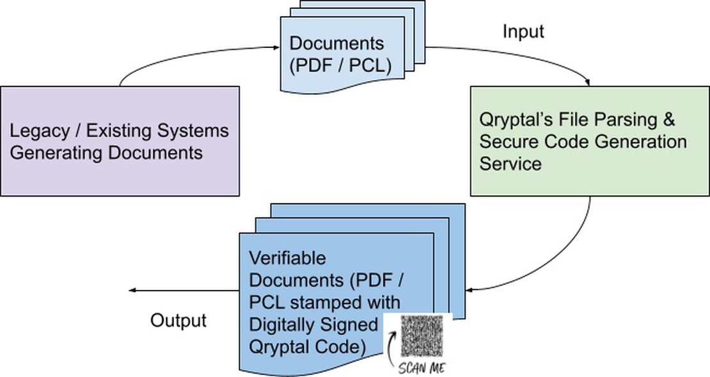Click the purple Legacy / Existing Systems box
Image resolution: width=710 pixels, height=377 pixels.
pos(120,141)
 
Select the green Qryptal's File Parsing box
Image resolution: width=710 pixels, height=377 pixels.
pos(589,141)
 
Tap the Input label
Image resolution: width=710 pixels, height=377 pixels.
pos(523,31)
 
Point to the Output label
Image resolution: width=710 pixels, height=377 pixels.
pos(178,320)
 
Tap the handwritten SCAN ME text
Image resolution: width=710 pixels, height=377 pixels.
pos(422,368)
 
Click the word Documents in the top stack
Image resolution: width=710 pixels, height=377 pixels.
pos(336,44)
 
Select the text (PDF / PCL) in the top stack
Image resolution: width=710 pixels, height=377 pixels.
pos(340,65)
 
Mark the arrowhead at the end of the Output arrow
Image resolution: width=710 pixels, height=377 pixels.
pos(132,291)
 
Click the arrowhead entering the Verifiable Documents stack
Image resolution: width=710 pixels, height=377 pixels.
pos(469,290)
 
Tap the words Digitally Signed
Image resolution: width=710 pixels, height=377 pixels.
pos(313,325)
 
